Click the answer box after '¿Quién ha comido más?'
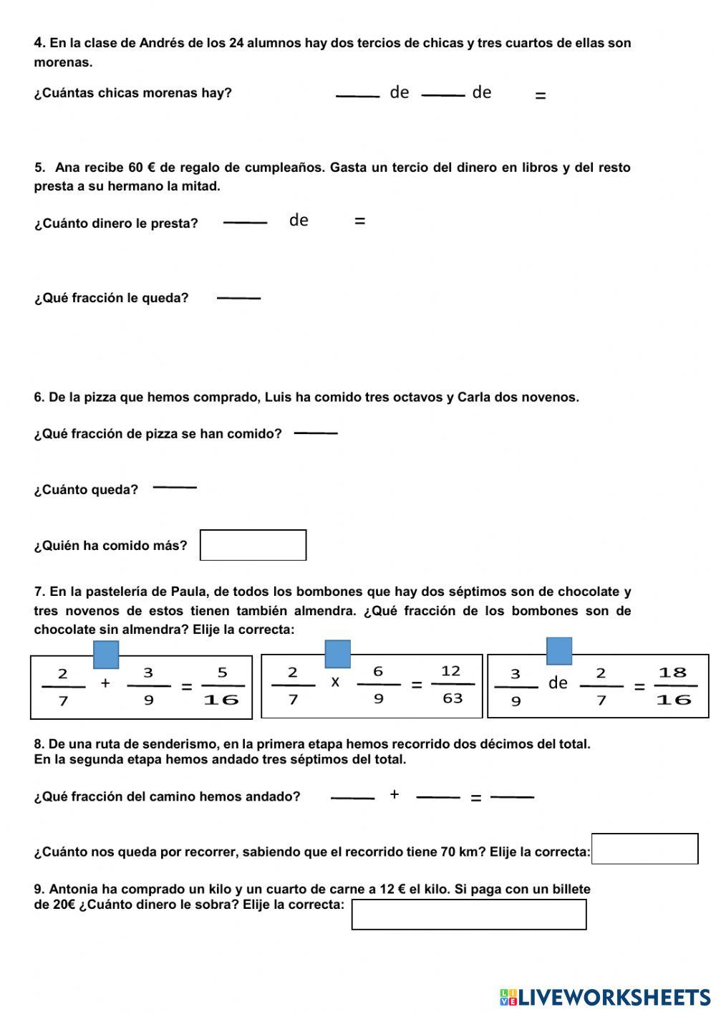pyautogui.click(x=253, y=545)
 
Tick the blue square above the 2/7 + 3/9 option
pyautogui.click(x=106, y=655)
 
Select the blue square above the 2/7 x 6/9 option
pyautogui.click(x=338, y=654)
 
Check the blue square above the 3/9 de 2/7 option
pyautogui.click(x=559, y=651)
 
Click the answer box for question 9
pyautogui.click(x=469, y=915)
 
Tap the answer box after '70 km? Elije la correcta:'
pyautogui.click(x=644, y=849)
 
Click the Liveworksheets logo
pyautogui.click(x=605, y=996)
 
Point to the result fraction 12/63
pyautogui.click(x=452, y=685)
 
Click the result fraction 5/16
pyautogui.click(x=222, y=686)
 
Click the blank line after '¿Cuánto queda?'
pyautogui.click(x=175, y=487)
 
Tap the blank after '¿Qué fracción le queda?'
pyautogui.click(x=238, y=297)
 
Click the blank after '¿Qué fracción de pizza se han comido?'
pyautogui.click(x=316, y=433)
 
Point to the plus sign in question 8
pyautogui.click(x=395, y=794)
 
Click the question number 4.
pyautogui.click(x=39, y=43)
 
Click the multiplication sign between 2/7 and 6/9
pyautogui.click(x=335, y=683)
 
